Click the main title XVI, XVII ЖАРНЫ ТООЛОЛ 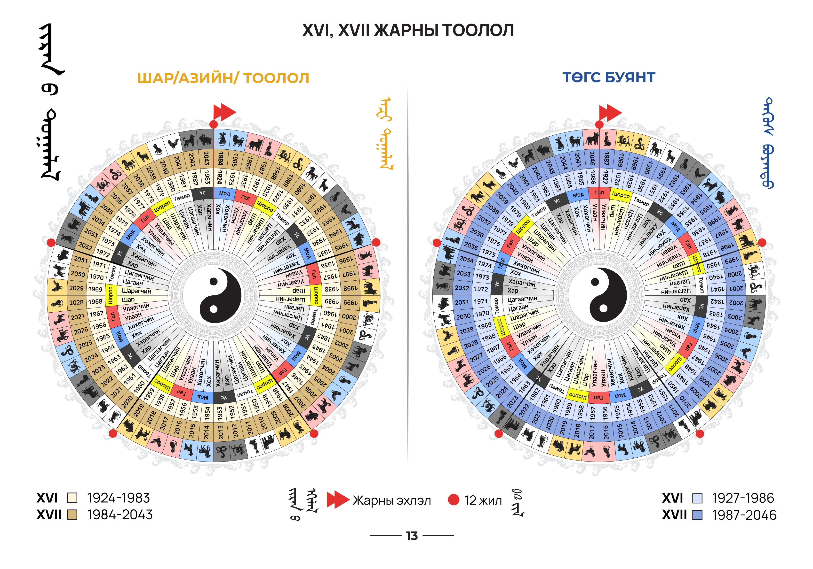[408, 31]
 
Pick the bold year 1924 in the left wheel [220, 177]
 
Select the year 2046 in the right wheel [592, 158]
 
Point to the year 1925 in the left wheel [231, 178]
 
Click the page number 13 [412, 536]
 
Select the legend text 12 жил [483, 500]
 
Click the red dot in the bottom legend [454, 500]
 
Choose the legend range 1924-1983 [119, 498]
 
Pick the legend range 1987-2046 [744, 515]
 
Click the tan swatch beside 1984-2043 [72, 515]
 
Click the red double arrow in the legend [337, 500]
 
